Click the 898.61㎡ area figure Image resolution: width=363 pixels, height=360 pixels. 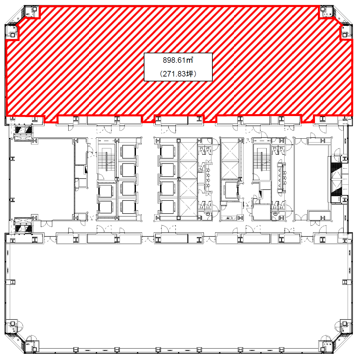178,60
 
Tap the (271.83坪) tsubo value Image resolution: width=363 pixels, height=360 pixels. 178,74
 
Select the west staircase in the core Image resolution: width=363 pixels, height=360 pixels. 106,161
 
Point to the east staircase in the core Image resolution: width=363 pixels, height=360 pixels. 262,161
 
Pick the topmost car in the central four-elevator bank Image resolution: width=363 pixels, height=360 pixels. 167,152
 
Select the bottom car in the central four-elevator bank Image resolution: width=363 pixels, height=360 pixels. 167,207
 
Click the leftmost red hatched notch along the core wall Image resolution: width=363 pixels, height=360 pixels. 50,119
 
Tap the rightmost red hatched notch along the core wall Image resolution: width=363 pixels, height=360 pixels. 307,119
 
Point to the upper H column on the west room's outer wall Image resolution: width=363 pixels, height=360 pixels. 12,159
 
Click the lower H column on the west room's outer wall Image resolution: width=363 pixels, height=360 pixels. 12,199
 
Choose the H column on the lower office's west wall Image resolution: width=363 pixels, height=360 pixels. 12,282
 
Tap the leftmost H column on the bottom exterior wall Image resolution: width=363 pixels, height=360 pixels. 76,350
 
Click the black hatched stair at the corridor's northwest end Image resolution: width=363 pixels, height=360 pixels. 23,130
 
